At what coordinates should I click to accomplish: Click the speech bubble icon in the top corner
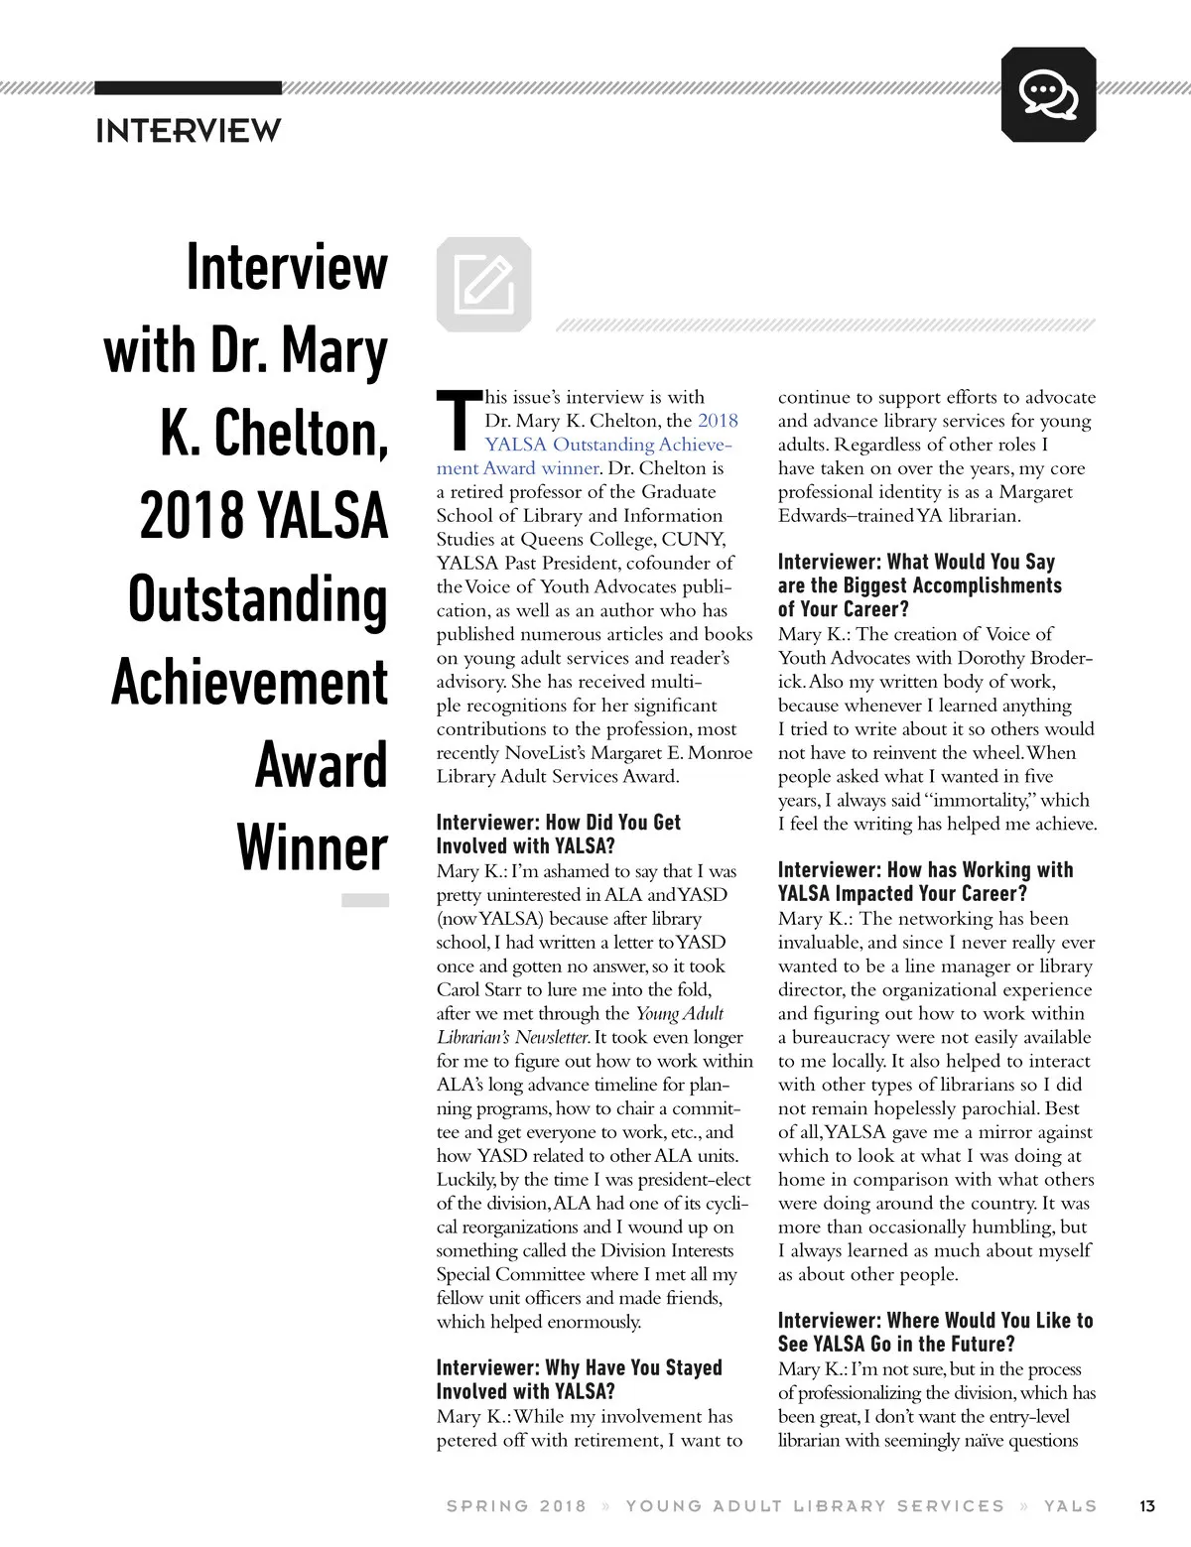pos(1048,95)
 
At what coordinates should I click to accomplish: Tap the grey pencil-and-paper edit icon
pos(483,283)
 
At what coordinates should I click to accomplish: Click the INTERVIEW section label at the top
pos(189,131)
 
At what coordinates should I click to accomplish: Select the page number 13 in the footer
pos(1147,1505)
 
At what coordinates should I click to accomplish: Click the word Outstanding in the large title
pos(257,600)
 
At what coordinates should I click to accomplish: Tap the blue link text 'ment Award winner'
pos(517,468)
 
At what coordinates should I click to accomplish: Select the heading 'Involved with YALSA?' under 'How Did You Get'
pos(526,846)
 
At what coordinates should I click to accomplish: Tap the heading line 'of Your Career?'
pos(843,609)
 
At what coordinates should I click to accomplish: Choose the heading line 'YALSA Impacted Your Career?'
pos(902,894)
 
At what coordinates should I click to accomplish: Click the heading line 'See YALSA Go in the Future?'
pos(896,1345)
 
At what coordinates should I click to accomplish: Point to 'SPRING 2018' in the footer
pos(516,1505)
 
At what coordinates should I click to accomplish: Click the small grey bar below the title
pos(364,900)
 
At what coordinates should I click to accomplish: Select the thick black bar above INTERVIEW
pos(188,88)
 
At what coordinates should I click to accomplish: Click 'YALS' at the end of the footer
pos(1070,1505)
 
